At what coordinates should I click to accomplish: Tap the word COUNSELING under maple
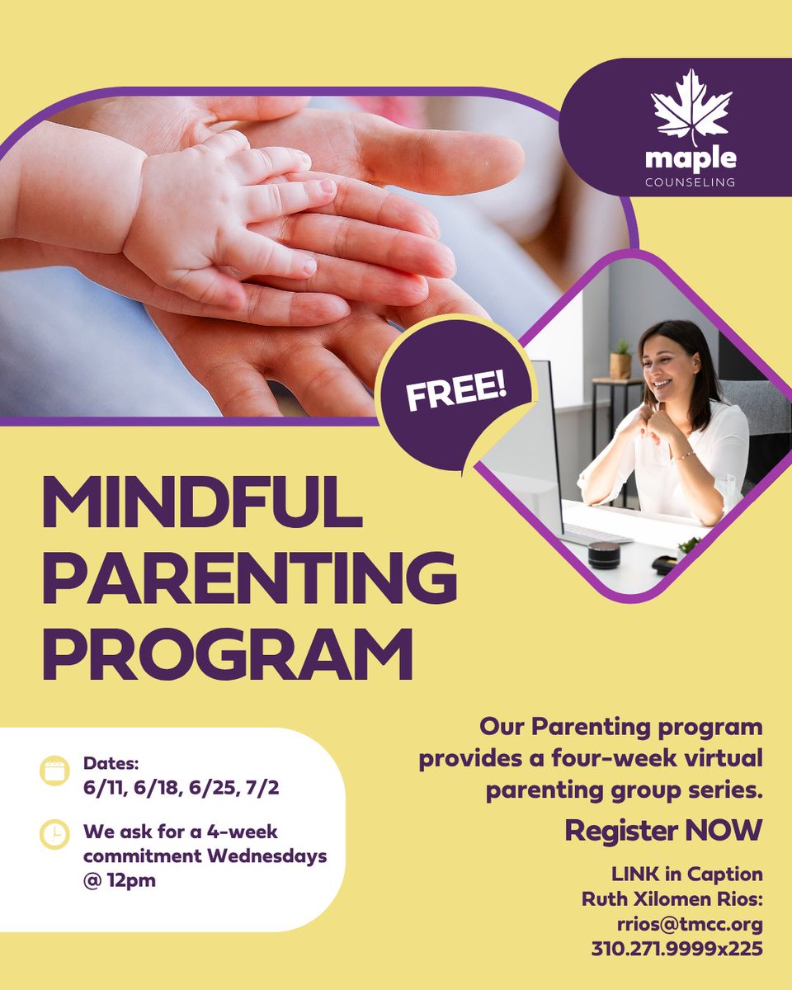(x=691, y=182)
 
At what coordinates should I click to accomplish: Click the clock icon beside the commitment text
(x=54, y=834)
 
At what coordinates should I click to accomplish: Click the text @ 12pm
(x=119, y=880)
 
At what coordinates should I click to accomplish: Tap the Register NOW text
(x=663, y=831)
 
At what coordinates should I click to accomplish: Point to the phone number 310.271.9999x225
(x=676, y=949)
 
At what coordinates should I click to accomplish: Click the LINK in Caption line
(x=686, y=874)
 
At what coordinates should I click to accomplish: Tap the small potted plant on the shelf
(x=620, y=361)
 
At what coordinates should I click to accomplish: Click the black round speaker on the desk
(x=604, y=554)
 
